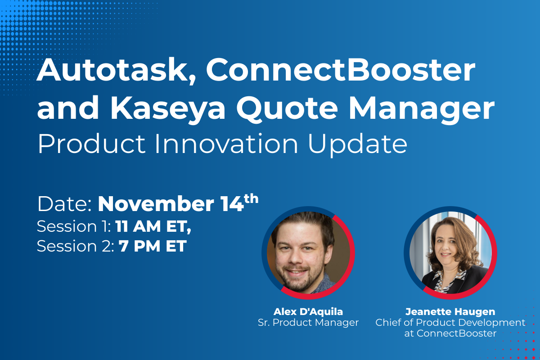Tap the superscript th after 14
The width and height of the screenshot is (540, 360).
coord(251,198)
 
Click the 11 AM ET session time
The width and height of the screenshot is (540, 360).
coord(153,226)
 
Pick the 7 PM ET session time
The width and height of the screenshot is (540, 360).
coord(153,246)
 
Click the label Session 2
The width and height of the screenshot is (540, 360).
coord(75,246)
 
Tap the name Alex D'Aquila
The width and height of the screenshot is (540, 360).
coord(308,311)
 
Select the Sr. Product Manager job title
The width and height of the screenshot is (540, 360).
coord(308,322)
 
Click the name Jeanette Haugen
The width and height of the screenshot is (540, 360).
coord(450,311)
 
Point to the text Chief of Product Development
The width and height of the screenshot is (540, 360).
coord(450,322)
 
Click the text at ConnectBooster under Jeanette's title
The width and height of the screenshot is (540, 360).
coord(450,333)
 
